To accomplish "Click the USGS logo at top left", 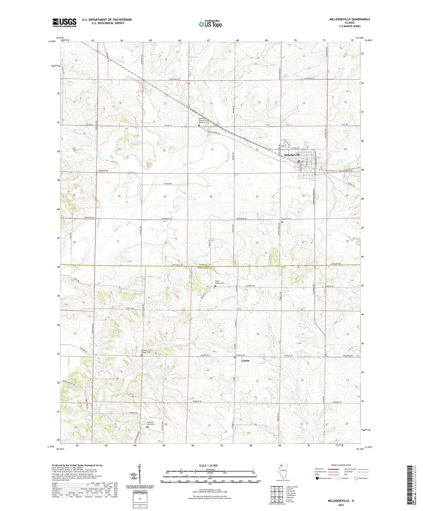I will tap(64, 23).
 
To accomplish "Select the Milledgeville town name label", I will tap(292, 155).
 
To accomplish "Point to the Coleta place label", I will tap(245, 361).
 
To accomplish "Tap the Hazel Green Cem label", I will tap(219, 282).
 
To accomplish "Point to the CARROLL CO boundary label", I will tap(206, 265).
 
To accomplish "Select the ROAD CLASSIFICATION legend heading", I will tap(341, 465).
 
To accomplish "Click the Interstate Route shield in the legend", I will tap(317, 479).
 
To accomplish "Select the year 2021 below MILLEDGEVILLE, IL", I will tap(341, 505).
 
